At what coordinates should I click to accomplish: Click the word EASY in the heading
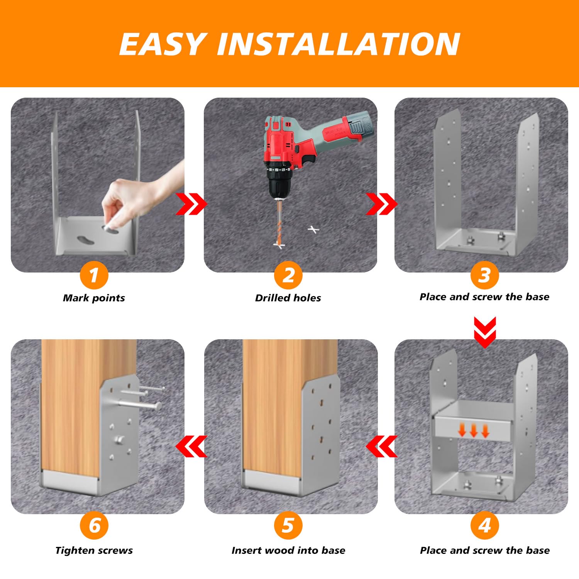point(162,44)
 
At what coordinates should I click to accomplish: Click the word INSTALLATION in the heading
point(339,44)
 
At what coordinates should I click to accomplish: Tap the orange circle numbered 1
point(94,275)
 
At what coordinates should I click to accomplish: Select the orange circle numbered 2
point(288,275)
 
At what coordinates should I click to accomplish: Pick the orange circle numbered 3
point(484,275)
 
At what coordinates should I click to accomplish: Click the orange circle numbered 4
point(484,525)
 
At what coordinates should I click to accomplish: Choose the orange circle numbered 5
point(288,525)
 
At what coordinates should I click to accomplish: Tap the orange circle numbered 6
point(94,525)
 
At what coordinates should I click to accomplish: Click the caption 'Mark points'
point(94,298)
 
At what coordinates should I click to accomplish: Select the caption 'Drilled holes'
point(288,298)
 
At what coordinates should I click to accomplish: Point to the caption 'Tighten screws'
point(94,550)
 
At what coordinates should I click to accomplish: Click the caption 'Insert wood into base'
point(288,550)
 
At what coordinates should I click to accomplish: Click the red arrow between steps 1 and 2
point(191,203)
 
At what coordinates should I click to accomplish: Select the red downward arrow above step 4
point(485,332)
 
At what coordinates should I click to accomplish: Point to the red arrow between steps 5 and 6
point(191,446)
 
